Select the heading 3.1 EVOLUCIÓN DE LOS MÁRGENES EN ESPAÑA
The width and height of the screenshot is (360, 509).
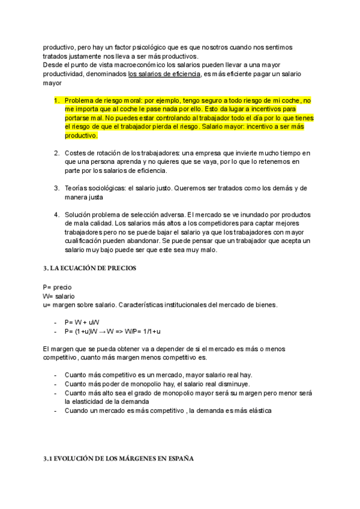click(x=119, y=458)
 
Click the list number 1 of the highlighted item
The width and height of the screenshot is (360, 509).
click(x=56, y=100)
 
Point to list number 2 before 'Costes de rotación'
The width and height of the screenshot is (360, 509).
click(x=56, y=153)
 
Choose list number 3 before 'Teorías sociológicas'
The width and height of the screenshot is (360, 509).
click(x=56, y=188)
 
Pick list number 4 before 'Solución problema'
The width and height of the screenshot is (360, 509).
click(x=56, y=214)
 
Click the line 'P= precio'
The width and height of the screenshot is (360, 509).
click(x=57, y=288)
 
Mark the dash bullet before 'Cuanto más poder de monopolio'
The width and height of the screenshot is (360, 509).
click(x=56, y=384)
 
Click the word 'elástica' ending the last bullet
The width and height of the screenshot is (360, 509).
click(x=259, y=411)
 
